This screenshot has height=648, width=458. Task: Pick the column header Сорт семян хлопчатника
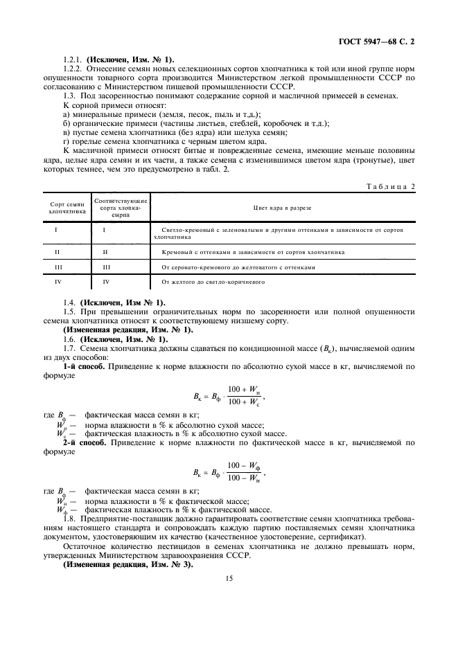click(68, 208)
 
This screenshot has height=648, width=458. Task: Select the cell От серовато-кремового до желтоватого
click(238, 266)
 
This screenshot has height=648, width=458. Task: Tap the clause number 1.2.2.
click(73, 68)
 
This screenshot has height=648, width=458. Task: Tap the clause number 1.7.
click(69, 339)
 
